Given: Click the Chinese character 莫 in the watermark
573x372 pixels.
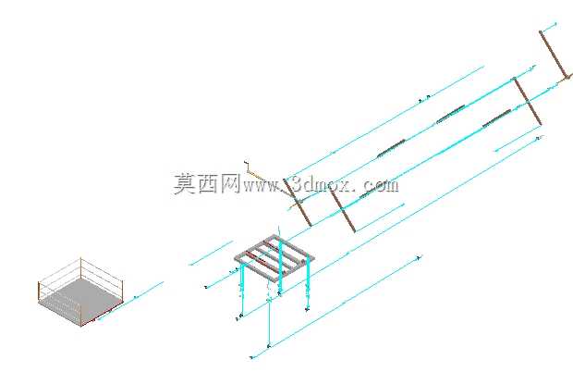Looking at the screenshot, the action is [185, 183].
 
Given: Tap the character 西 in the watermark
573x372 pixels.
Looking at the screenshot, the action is [210, 183].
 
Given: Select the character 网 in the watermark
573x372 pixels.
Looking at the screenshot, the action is [230, 183].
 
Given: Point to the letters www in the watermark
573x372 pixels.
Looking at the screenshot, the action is [262, 186].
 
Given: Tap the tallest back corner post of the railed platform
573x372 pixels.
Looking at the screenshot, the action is [80, 269].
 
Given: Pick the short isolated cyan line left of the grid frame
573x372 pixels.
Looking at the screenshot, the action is [211, 253].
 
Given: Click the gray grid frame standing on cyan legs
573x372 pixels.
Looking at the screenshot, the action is [274, 258].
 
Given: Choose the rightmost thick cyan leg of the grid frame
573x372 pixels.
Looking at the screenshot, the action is [308, 282].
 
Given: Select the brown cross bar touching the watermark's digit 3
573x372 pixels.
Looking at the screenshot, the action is [298, 203].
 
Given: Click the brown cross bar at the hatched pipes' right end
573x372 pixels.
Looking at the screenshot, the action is [528, 101].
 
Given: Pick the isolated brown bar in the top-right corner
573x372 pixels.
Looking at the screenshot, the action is [555, 55].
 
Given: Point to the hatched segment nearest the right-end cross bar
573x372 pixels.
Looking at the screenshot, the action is [496, 118].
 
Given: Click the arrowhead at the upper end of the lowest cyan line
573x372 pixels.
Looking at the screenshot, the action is [420, 258].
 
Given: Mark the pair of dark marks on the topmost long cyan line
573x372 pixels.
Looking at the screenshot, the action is [424, 98].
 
